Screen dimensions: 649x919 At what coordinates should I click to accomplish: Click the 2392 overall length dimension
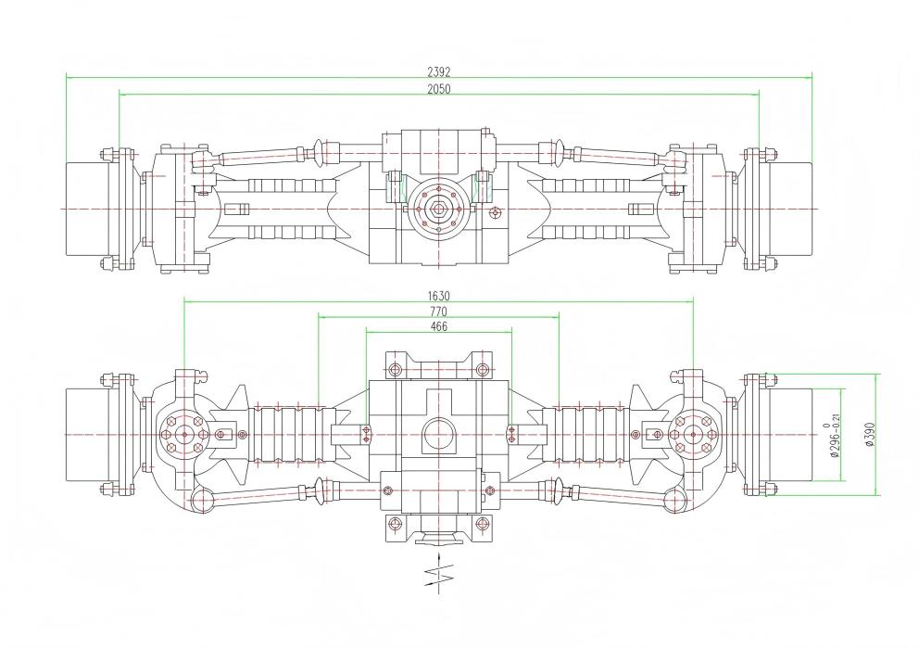439,71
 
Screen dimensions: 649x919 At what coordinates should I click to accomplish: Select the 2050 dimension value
439,88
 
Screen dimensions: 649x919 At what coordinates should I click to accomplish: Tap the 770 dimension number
439,312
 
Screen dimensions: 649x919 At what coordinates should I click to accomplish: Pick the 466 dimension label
439,326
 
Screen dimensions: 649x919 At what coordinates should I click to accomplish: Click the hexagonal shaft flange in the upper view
439,209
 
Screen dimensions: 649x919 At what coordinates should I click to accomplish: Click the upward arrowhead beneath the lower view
439,553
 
